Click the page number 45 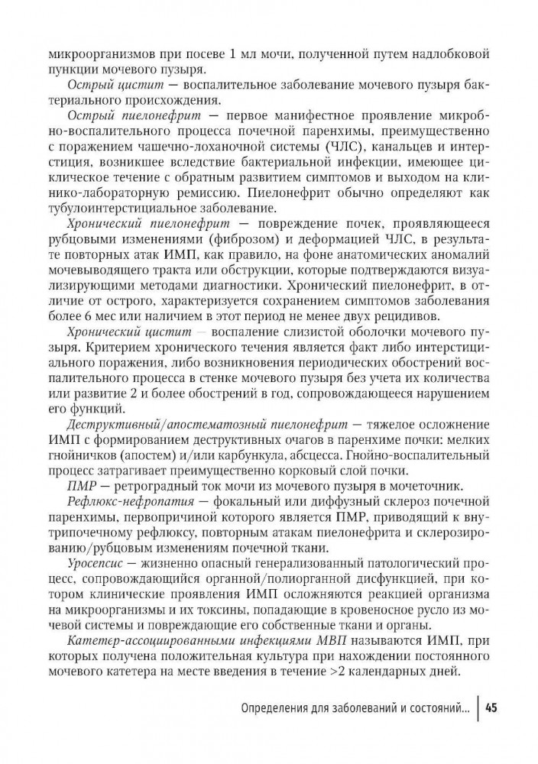point(491,707)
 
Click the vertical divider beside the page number point(479,707)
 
